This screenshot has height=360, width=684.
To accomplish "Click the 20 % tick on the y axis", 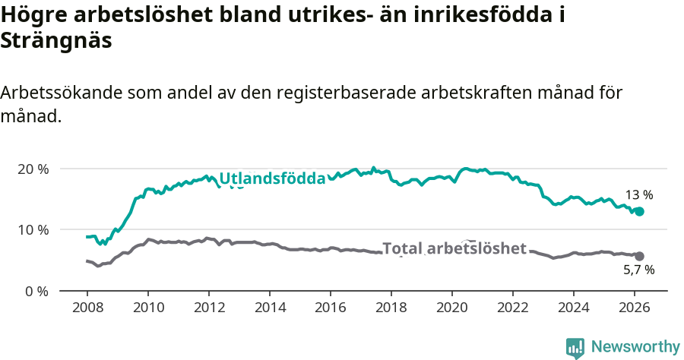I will [x=33, y=169].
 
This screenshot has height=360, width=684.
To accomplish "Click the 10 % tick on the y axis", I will [x=33, y=229].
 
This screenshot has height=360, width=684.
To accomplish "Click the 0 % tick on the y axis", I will [x=36, y=291].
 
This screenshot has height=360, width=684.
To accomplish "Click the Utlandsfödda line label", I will [x=272, y=178].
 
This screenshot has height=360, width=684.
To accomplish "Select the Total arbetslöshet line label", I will [x=454, y=248].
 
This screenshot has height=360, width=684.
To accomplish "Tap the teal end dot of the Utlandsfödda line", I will [x=639, y=211].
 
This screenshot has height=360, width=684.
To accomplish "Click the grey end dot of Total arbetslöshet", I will [x=639, y=257].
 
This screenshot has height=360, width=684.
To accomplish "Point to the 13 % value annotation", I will [x=639, y=195].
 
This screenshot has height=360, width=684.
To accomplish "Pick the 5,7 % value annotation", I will [x=639, y=270].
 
